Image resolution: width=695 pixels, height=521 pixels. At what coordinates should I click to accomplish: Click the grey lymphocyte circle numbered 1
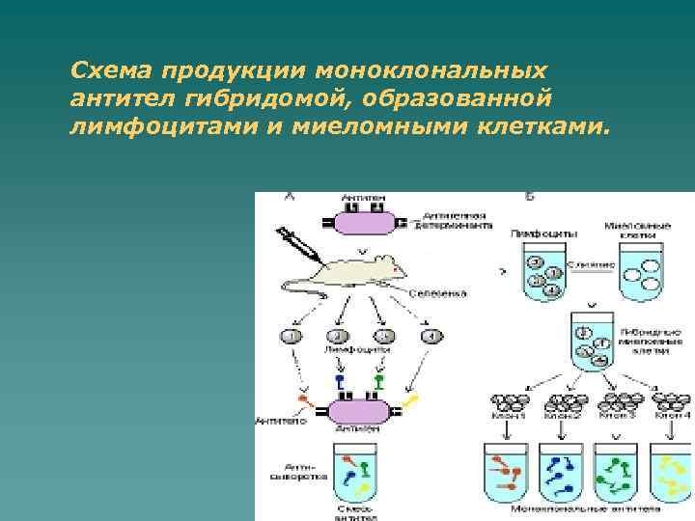[291, 336]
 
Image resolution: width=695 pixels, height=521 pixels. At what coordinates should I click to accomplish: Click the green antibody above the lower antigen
[377, 383]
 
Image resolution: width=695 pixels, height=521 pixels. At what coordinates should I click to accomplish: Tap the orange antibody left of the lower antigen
[306, 398]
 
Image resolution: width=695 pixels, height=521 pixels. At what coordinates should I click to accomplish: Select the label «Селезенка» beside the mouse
[437, 291]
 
